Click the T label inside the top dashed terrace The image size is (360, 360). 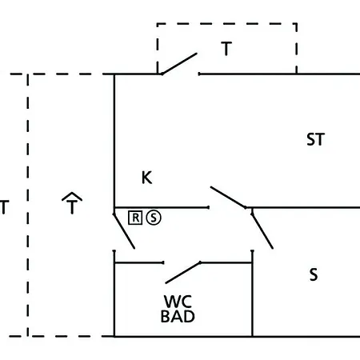tap(226, 49)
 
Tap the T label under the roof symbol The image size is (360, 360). tap(72, 207)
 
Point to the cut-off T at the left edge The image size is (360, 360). tap(5, 207)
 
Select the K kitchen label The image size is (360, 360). tap(147, 178)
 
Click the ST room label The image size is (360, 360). tap(316, 139)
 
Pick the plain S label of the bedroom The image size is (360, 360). tap(314, 274)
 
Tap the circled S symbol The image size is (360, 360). tap(154, 218)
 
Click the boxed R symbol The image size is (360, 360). tap(135, 218)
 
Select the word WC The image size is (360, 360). tap(178, 302)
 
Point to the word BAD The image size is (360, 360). tap(178, 317)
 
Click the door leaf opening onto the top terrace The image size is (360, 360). tap(179, 64)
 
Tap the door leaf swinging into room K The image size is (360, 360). tap(228, 198)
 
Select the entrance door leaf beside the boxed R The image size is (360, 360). tap(124, 231)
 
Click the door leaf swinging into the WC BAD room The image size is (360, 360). tap(183, 273)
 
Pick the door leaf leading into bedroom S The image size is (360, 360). tap(262, 231)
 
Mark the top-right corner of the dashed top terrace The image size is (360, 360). tap(296, 24)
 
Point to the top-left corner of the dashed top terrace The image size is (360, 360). tap(158, 24)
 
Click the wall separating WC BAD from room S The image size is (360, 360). tap(252, 294)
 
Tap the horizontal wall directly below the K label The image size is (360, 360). tap(162, 207)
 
